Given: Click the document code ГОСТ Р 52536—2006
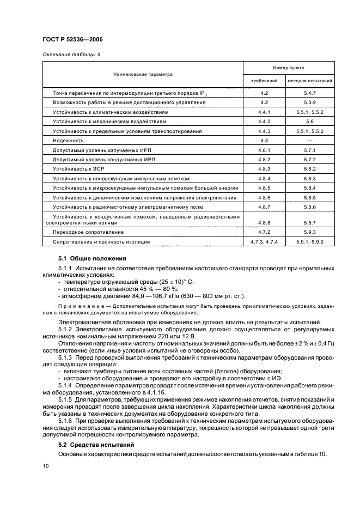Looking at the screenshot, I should (72, 39).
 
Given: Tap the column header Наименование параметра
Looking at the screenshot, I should (143, 74).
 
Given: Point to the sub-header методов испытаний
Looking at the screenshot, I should (310, 81).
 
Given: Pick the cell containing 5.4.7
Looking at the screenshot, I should (310, 94).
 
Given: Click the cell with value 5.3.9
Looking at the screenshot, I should (310, 102).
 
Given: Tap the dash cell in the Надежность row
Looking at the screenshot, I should (310, 140).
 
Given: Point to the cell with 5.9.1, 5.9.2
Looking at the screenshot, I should (310, 241).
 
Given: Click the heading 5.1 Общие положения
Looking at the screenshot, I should (92, 258).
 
